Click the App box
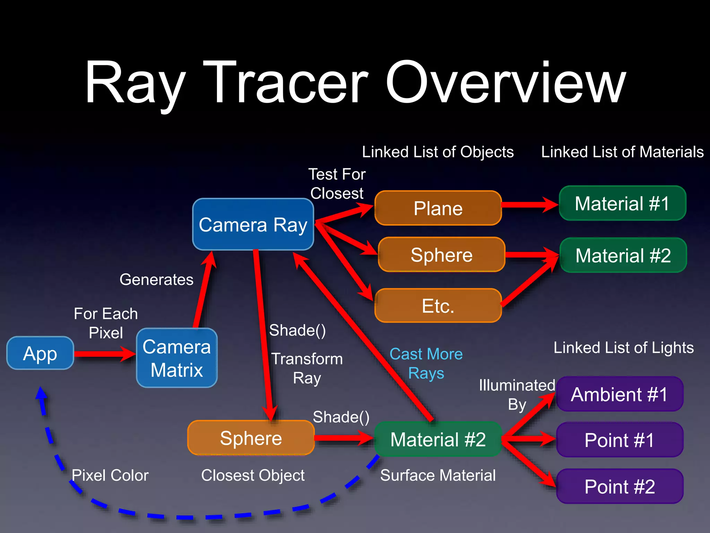coord(40,353)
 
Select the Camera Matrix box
coord(177,358)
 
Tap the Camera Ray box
coord(253,225)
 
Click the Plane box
coord(438,208)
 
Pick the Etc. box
coord(438,306)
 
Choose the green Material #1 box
coord(622,203)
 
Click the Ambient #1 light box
coord(620,394)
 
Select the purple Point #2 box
coord(620,486)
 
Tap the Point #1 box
coord(620,440)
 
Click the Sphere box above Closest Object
coord(251,438)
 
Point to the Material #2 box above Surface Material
coord(438,439)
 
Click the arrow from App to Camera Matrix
coord(104,354)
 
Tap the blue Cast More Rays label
coord(426,363)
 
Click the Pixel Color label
coord(110,475)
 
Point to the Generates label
coord(156,279)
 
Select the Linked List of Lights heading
coord(623,347)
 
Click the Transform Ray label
coord(307,368)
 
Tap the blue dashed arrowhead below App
coord(41,394)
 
